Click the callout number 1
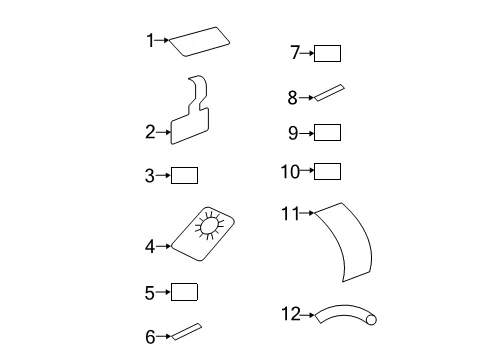[150, 40]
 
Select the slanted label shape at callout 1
[199, 42]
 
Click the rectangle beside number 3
[184, 175]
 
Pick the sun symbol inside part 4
[209, 225]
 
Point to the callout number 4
[150, 247]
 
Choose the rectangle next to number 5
[184, 292]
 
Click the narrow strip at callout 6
[187, 332]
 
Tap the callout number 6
[150, 337]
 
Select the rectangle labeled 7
[327, 53]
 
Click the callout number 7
[295, 52]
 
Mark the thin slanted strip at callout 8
[329, 93]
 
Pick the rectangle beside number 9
[327, 132]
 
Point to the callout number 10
[290, 172]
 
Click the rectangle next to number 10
[327, 171]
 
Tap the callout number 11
[291, 213]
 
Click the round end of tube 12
[371, 320]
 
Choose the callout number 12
[291, 314]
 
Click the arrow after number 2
[163, 132]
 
